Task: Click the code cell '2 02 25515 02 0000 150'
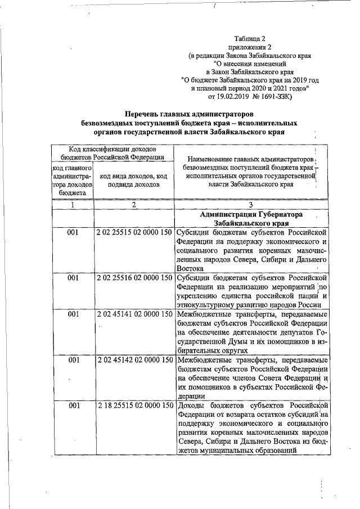point(134,231)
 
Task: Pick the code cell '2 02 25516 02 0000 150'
point(134,277)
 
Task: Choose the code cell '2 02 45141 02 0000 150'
point(134,314)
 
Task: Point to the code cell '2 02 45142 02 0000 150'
point(134,360)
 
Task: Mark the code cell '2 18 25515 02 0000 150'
point(134,406)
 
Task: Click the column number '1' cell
point(73,205)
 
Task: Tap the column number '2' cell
point(134,205)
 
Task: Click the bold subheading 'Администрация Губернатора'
point(251,215)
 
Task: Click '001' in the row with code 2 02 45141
point(73,314)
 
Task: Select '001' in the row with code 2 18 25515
point(73,406)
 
